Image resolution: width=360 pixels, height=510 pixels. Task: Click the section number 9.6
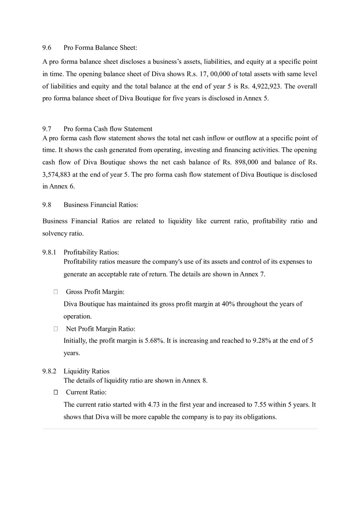(47, 48)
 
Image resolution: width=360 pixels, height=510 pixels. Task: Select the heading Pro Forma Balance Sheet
(100, 48)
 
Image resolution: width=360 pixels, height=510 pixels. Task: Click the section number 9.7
(47, 129)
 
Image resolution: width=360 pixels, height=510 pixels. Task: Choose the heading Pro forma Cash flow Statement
(108, 129)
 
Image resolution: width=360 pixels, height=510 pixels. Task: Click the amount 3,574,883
(58, 174)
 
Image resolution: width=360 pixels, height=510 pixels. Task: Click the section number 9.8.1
(49, 252)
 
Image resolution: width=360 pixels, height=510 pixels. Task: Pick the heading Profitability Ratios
(91, 252)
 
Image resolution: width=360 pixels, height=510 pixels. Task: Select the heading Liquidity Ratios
(87, 371)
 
